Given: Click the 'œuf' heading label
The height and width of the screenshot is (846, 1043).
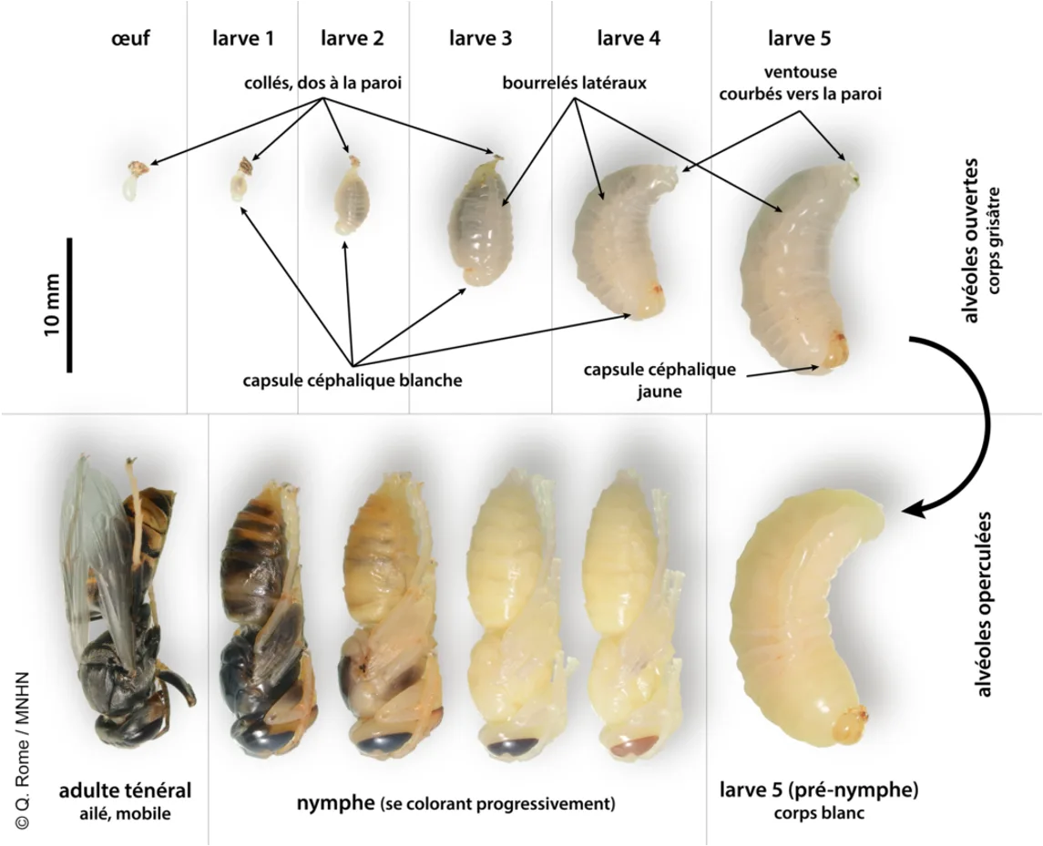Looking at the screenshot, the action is pos(130,38).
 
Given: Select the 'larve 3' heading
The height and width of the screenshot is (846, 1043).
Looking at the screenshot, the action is pos(480,38).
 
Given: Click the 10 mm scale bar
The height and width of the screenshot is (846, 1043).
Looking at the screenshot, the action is pos(69,304).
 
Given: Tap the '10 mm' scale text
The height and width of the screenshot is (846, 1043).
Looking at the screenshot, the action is pos(52,304).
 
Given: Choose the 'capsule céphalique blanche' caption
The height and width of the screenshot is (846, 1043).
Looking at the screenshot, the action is pos(353,381).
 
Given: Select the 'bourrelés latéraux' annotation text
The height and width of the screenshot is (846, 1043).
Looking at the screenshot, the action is pos(575,83).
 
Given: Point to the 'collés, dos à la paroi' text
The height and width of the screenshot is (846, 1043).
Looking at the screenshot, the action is pos(322,83).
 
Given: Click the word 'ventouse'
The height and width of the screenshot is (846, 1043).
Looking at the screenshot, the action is pos(800,71).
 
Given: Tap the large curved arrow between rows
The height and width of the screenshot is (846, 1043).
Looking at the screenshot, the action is pos(965,425).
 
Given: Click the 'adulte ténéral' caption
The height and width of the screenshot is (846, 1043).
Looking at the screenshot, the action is pos(125,790).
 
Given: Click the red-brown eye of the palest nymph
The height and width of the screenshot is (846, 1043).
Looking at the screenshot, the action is pos(635,746).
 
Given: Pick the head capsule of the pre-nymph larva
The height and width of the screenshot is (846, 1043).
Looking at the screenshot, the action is pos(850,724).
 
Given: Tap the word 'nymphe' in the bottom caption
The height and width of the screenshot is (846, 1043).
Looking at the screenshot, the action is pos(335,803).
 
